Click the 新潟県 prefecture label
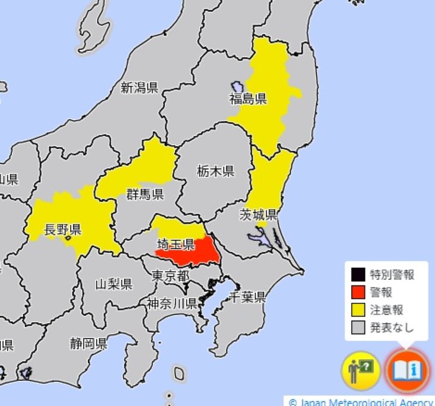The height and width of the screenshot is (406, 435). click(x=139, y=87)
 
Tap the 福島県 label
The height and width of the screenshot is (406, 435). click(x=247, y=99)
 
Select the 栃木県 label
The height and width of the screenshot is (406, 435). click(x=215, y=172)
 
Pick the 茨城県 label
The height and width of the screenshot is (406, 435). click(x=259, y=214)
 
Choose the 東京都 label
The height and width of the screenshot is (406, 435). click(x=170, y=276)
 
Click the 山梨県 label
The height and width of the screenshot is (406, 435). click(x=114, y=284)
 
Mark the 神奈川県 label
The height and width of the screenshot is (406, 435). click(x=171, y=303)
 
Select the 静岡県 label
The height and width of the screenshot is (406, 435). click(x=88, y=343)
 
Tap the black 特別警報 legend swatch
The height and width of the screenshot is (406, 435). click(x=358, y=274)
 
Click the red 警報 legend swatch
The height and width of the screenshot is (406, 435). click(x=358, y=292)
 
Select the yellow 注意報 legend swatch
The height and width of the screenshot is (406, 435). click(x=358, y=310)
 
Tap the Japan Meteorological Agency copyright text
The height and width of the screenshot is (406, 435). click(x=361, y=402)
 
